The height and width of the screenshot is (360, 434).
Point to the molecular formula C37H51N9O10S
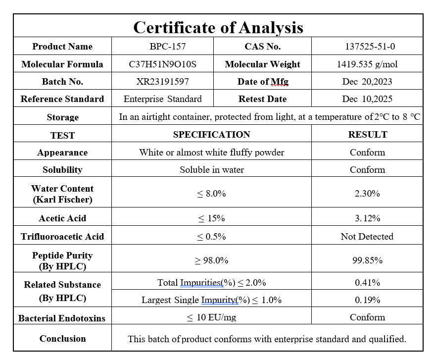click(x=162, y=64)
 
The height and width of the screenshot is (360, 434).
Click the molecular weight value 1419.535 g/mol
click(x=367, y=64)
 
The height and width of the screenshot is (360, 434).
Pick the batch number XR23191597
click(x=162, y=82)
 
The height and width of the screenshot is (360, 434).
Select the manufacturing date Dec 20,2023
click(x=367, y=82)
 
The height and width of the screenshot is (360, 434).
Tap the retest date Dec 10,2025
click(x=367, y=99)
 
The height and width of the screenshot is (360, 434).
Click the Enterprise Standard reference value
click(x=162, y=99)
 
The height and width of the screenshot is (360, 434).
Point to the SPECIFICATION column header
click(x=211, y=135)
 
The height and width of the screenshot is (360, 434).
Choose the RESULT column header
click(x=367, y=135)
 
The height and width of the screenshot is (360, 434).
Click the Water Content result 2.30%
click(x=367, y=194)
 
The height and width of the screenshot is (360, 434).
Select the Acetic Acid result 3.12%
click(x=367, y=218)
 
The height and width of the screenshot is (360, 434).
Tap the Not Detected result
click(x=367, y=237)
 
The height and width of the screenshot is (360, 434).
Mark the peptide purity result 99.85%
click(x=367, y=260)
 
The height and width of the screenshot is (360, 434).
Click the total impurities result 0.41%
click(x=367, y=283)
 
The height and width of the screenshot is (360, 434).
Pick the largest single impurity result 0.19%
click(x=367, y=300)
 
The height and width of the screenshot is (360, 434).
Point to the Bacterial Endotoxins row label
click(x=62, y=318)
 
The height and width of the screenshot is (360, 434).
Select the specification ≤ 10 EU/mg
click(x=211, y=317)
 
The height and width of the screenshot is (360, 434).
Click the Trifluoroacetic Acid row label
click(x=62, y=237)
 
